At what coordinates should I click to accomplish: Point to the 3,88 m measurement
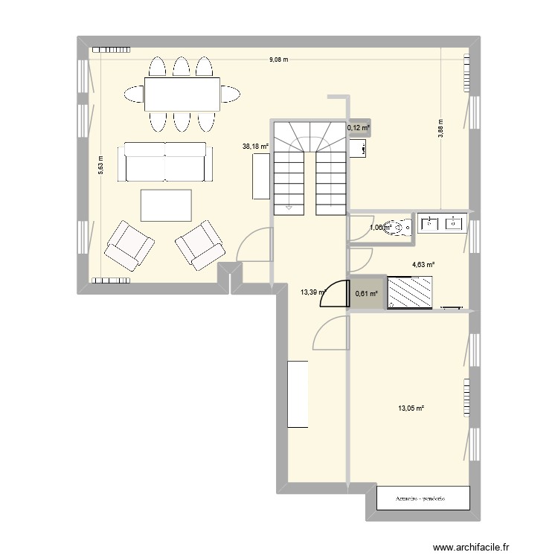(x=440, y=132)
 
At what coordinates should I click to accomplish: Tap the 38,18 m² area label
(x=254, y=147)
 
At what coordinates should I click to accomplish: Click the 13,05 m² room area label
(x=411, y=408)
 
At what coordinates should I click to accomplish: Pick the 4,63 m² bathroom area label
(x=423, y=264)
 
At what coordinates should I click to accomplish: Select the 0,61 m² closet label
(x=366, y=293)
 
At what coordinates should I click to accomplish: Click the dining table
(x=182, y=94)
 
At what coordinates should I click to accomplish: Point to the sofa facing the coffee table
(x=165, y=162)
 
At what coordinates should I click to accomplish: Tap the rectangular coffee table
(x=166, y=205)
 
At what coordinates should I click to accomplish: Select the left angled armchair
(x=129, y=245)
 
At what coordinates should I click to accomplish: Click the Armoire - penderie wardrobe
(x=423, y=498)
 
